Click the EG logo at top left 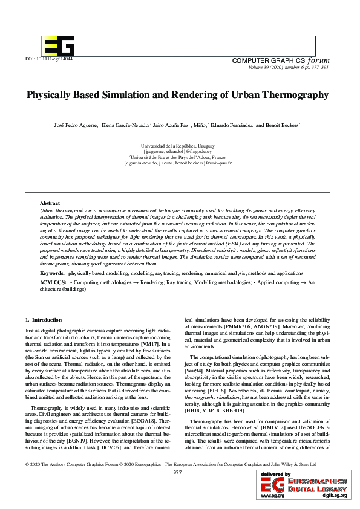(58, 45)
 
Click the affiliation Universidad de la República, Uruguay (180, 146)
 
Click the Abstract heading (50, 203)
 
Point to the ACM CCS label (53, 282)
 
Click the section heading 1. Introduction (44, 319)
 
